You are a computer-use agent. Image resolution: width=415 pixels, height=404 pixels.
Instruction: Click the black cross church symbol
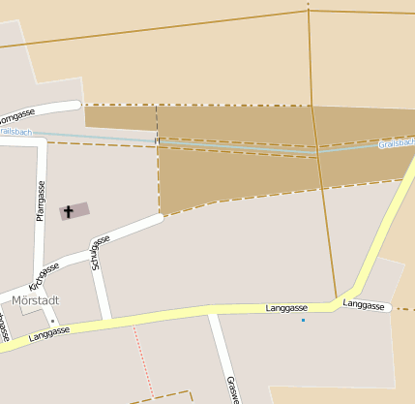[x=68, y=210]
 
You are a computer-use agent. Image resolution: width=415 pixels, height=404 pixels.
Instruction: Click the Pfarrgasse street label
[x=41, y=201]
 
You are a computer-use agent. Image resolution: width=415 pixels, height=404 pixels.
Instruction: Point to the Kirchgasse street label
[x=44, y=274]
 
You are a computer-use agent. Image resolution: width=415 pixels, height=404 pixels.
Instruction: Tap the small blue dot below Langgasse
[x=303, y=320]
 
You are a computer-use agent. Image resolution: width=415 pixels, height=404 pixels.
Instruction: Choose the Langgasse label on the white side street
[x=366, y=305]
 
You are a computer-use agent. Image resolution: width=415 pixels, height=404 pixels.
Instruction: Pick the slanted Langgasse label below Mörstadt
[x=48, y=335]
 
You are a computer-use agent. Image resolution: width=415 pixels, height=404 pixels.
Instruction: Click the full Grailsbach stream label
[x=397, y=143]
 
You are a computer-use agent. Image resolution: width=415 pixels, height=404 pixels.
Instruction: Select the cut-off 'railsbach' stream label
[x=16, y=131]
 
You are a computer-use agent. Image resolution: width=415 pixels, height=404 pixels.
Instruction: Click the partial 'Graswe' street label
[x=231, y=388]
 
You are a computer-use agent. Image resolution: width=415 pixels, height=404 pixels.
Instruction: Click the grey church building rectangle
[x=74, y=210]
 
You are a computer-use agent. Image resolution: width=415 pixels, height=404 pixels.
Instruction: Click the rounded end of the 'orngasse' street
[x=76, y=105]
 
